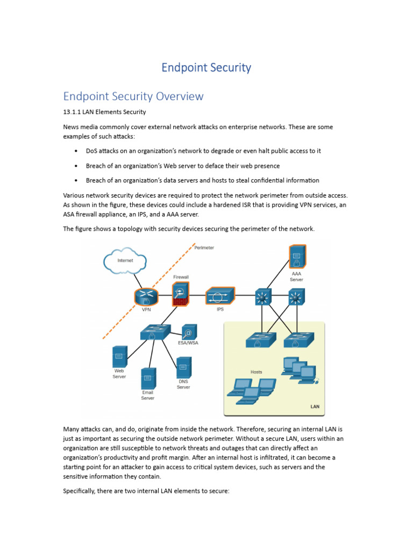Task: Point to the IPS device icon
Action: tap(220, 296)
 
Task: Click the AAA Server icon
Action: tap(297, 257)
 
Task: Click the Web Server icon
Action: tap(119, 356)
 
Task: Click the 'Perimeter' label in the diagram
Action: tap(204, 248)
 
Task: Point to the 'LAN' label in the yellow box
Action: tap(315, 406)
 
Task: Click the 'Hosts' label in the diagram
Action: tap(257, 372)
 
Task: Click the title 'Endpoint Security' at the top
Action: tap(206, 68)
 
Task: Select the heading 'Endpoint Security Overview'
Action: tap(133, 96)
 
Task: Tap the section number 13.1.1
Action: tap(73, 112)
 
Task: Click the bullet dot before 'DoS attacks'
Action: tap(76, 151)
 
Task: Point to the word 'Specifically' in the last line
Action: tap(81, 491)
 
